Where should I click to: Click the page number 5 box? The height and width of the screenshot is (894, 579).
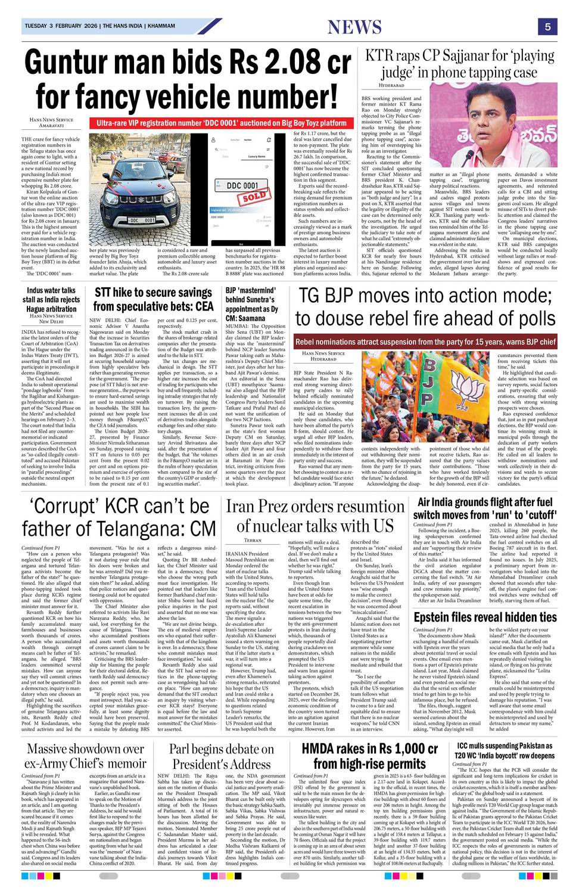[x=547, y=26]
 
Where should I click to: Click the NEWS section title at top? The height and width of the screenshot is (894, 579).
[x=354, y=27]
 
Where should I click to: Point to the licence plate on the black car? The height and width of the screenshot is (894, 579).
[x=142, y=220]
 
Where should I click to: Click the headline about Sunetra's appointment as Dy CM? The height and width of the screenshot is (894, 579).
[x=252, y=304]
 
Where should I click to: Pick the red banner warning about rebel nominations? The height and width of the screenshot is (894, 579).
[x=425, y=342]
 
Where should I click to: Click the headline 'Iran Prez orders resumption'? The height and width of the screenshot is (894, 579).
[x=315, y=516]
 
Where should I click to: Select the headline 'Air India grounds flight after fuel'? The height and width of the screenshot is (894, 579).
[x=485, y=508]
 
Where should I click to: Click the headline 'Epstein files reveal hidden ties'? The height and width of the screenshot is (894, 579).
[x=485, y=617]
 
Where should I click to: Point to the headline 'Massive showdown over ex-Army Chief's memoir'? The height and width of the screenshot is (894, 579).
[x=85, y=756]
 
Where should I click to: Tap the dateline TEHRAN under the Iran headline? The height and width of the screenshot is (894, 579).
[x=253, y=540]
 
